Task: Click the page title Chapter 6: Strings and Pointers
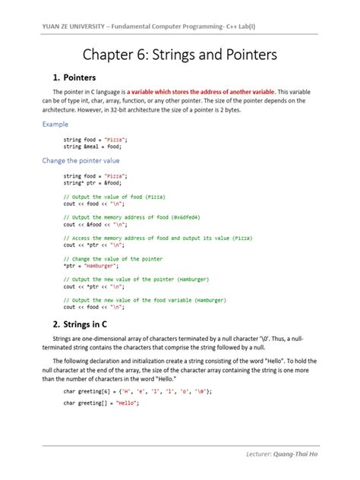[x=179, y=56]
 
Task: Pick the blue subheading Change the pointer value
[x=81, y=161]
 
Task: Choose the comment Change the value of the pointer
[x=113, y=259]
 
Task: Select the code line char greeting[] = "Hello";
[x=101, y=403]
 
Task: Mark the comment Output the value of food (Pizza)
[x=114, y=197]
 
